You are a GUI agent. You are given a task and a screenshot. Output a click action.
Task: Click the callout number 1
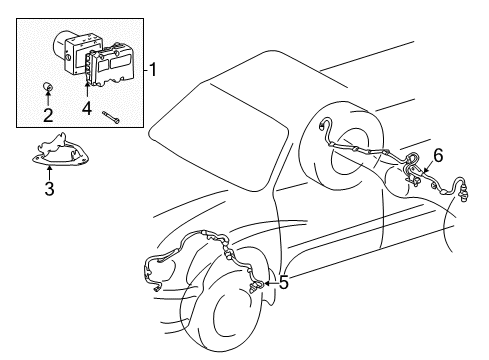pyautogui.click(x=153, y=69)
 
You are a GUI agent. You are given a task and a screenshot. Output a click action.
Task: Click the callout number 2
pyautogui.click(x=47, y=115)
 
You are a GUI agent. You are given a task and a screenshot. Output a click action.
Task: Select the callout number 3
pyautogui.click(x=47, y=187)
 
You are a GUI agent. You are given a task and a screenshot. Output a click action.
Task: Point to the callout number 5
pyautogui.click(x=284, y=283)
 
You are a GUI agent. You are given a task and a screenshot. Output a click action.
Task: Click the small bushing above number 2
pyautogui.click(x=47, y=87)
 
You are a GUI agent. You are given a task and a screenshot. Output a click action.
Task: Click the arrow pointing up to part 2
pyautogui.click(x=47, y=100)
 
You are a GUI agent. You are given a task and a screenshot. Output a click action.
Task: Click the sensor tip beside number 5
pyautogui.click(x=260, y=287)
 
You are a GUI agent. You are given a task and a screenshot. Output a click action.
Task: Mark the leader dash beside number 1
pyautogui.click(x=142, y=69)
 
